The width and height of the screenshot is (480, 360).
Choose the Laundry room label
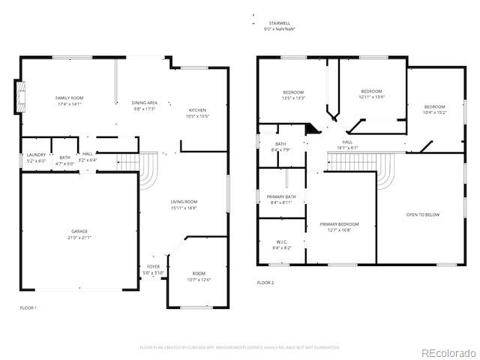[x=36, y=157]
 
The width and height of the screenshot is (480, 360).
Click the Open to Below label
[x=422, y=215]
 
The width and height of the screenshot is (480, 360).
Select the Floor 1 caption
[x=28, y=307]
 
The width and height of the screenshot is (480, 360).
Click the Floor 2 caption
[x=265, y=283]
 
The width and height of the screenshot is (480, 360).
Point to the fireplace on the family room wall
[x=20, y=95]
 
